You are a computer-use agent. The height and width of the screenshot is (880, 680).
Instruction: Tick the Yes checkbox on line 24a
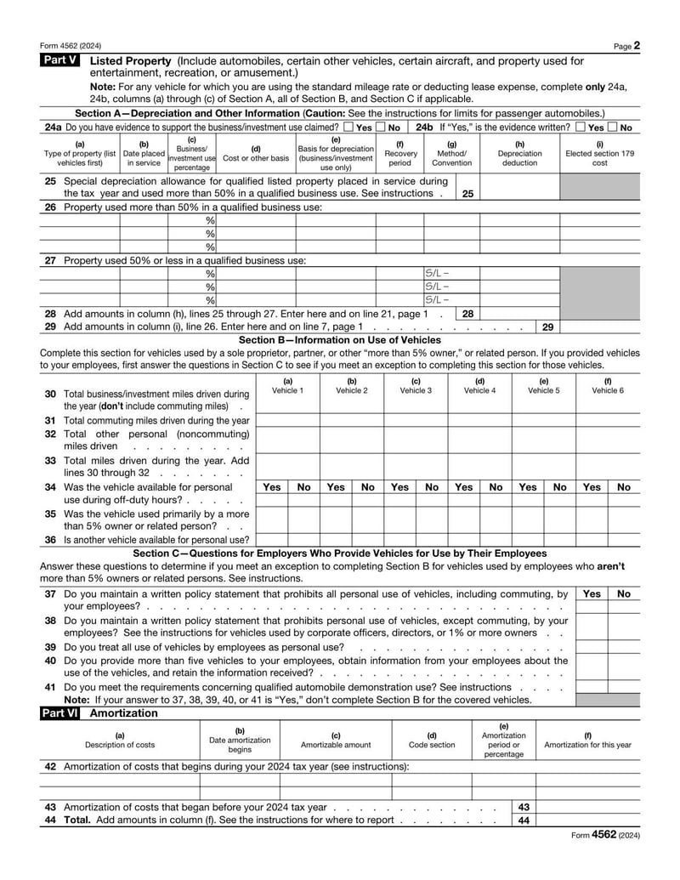[349, 128]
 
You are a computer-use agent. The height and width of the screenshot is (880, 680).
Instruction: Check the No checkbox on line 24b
[614, 128]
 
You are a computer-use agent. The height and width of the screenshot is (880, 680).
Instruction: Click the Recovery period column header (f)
[400, 153]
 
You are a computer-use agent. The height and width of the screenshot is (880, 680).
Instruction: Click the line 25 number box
[467, 194]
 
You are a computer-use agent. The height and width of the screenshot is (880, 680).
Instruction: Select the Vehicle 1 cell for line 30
[287, 400]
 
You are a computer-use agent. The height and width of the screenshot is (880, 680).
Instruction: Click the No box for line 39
[624, 647]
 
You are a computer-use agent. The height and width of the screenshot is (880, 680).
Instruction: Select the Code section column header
[432, 740]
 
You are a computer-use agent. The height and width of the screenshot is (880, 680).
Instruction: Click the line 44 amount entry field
[588, 820]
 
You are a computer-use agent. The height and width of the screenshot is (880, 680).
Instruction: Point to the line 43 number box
[524, 807]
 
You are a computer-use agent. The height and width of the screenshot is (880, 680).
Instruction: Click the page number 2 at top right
[637, 46]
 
